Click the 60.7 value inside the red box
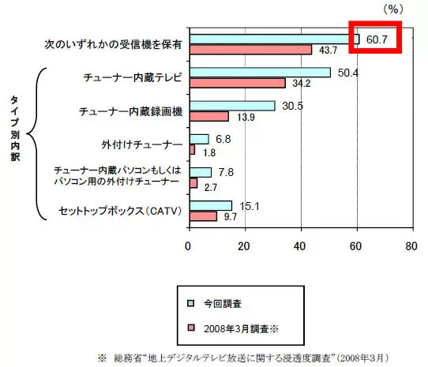tap(377, 39)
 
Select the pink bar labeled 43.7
tap(251, 50)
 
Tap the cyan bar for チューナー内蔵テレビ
tap(261, 73)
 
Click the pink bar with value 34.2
tap(238, 83)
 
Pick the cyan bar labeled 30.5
tap(233, 106)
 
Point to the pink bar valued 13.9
tap(209, 117)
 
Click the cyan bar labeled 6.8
tap(200, 139)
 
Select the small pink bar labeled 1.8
tap(193, 149)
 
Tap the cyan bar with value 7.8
tap(201, 172)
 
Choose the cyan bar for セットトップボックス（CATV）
tap(211, 206)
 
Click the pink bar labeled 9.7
tap(204, 216)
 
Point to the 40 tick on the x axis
tap(299, 246)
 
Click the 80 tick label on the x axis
tap(411, 246)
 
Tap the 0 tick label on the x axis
tap(188, 246)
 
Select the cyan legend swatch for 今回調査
tap(190, 303)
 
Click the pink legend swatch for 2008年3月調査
tap(190, 328)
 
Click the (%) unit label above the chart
tap(393, 9)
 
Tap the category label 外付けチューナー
tap(142, 144)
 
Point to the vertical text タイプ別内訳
tap(15, 128)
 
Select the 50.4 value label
tap(348, 73)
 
